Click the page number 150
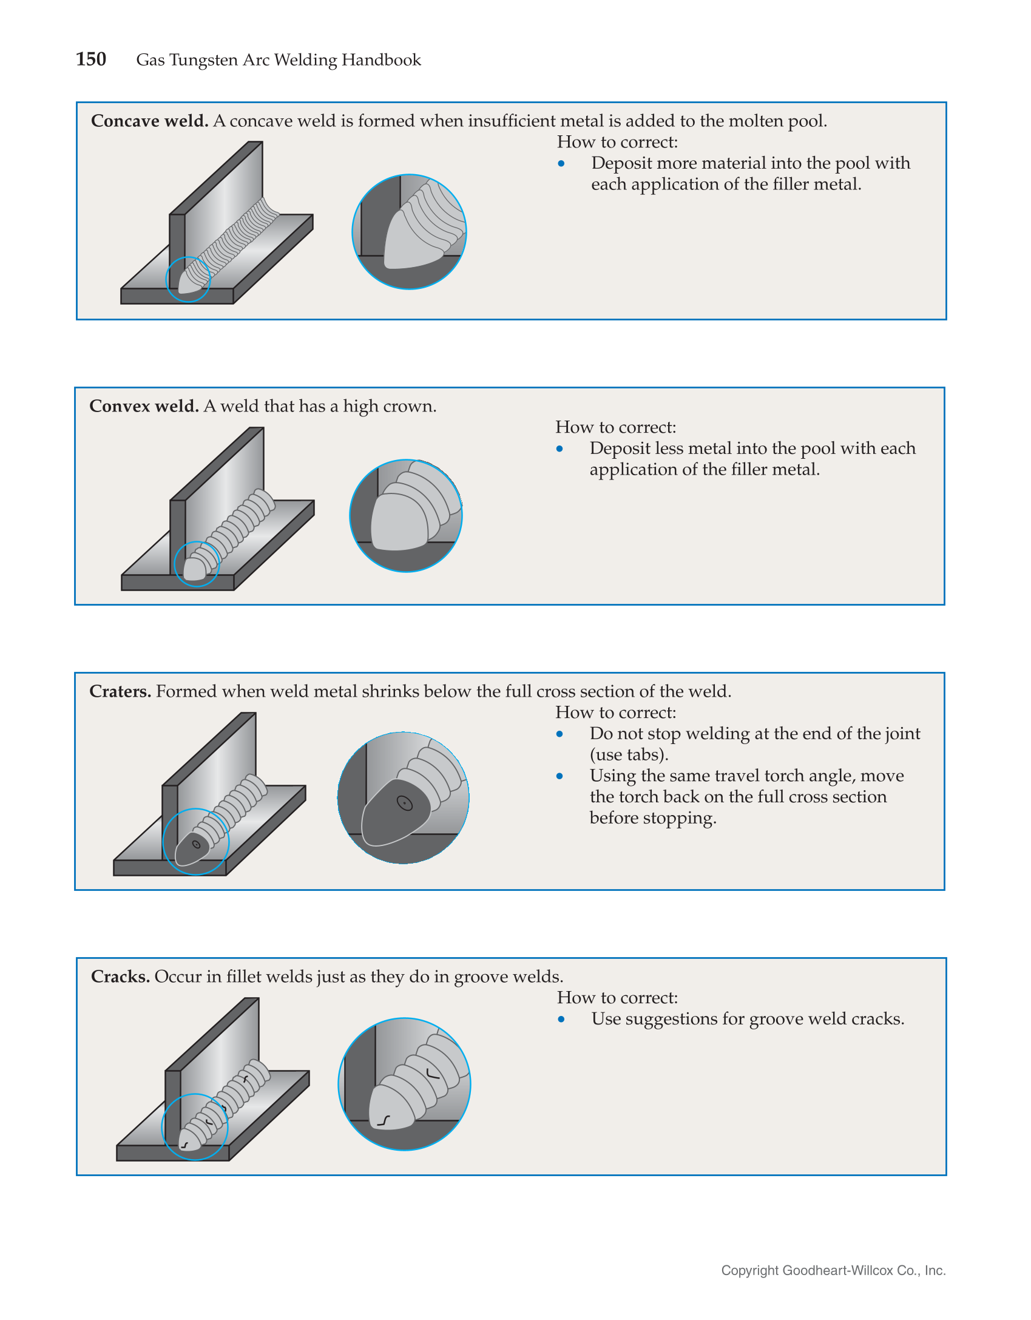tap(91, 59)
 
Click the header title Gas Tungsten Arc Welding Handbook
tap(278, 59)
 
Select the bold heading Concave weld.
tap(149, 121)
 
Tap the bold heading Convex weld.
tap(144, 406)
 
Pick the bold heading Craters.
tap(120, 691)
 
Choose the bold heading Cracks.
tap(120, 976)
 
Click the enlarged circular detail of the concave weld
tap(409, 232)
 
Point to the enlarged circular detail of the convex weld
tap(406, 516)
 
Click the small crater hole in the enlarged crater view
tap(405, 804)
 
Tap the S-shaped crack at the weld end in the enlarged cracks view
tap(384, 1120)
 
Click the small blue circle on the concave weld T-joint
tap(188, 279)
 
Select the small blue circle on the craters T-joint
tap(196, 842)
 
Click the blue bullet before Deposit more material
tap(561, 163)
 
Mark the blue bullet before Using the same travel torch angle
tap(559, 776)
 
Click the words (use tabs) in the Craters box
tap(629, 754)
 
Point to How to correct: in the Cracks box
tap(617, 998)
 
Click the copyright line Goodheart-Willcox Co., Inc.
tap(833, 1270)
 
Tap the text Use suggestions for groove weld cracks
tap(748, 1019)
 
